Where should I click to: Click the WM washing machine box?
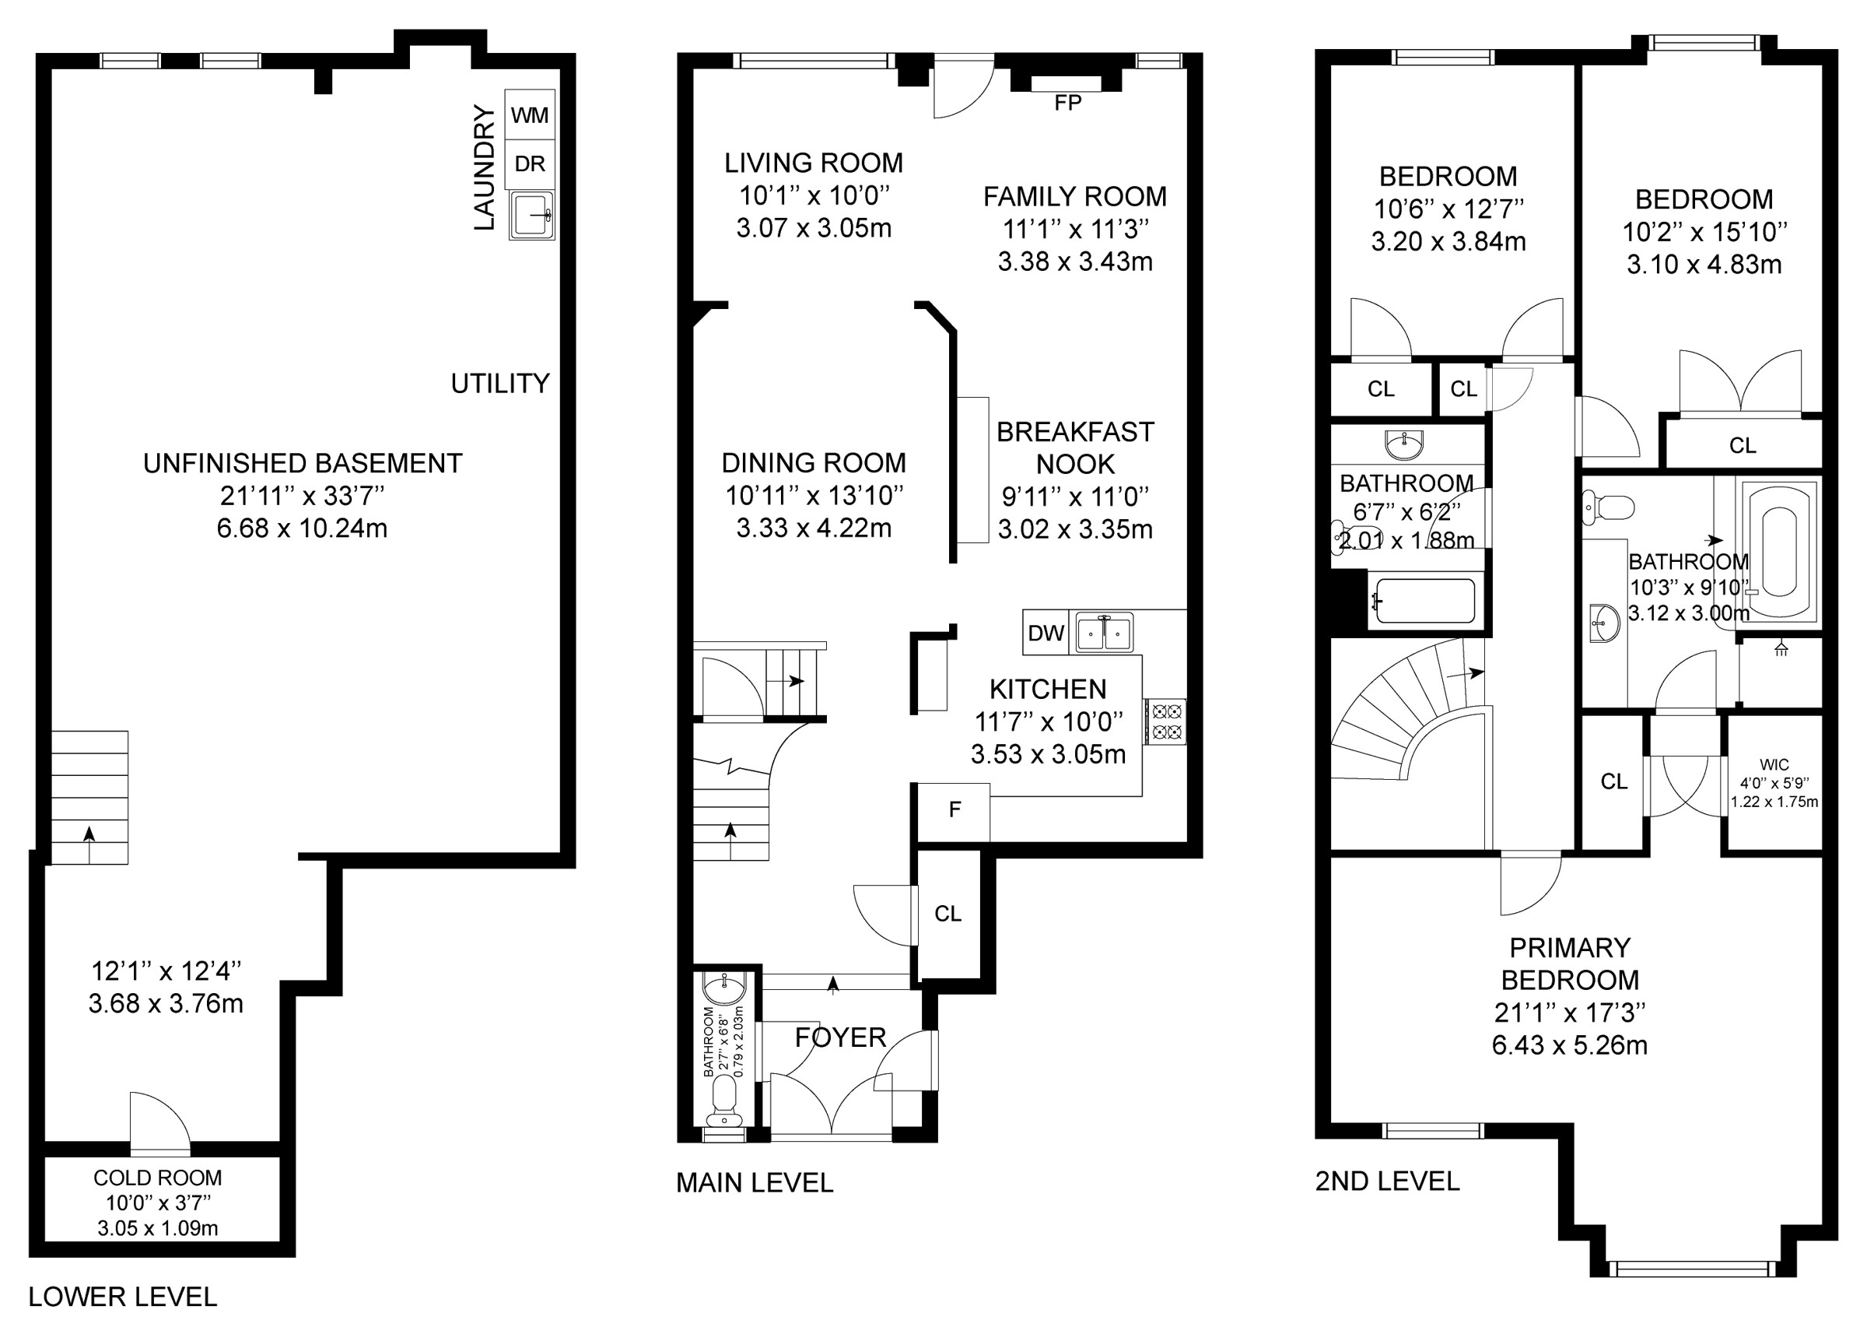click(530, 115)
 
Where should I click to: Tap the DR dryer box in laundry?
click(530, 164)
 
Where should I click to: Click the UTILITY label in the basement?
click(500, 384)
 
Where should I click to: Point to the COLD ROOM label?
click(158, 1178)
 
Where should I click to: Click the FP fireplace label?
click(1067, 103)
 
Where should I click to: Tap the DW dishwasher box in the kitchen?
click(1046, 633)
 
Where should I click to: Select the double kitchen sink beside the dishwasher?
click(1105, 633)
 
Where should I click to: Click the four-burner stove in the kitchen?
click(1166, 721)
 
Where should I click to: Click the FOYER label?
click(841, 1037)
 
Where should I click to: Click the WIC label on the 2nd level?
click(1774, 765)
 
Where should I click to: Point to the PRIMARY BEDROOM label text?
click(1570, 964)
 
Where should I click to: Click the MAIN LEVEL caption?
click(755, 1183)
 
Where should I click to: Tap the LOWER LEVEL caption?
click(123, 1297)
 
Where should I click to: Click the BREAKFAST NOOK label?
click(1076, 448)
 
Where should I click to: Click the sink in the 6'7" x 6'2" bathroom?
click(1403, 444)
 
